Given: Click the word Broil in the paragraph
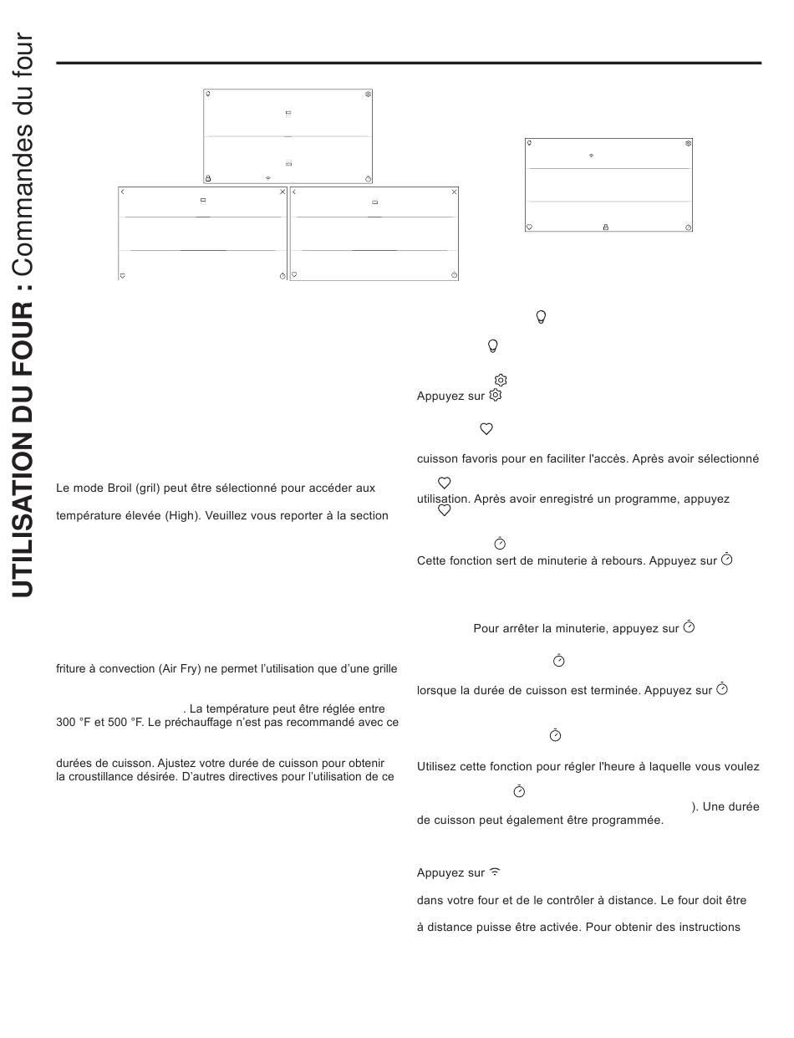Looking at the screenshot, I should tap(123, 488).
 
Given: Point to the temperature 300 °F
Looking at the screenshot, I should tap(73, 722).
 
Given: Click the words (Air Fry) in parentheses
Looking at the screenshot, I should tap(180, 669).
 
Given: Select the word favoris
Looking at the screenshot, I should tap(481, 459).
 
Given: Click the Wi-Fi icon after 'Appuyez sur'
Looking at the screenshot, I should tap(495, 872).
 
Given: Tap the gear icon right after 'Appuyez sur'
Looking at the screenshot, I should tap(496, 395).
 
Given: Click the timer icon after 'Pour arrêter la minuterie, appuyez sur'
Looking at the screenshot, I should tap(689, 626).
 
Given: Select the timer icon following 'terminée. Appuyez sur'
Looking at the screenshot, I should tap(722, 690).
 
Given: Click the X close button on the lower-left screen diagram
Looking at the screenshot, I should tap(282, 192).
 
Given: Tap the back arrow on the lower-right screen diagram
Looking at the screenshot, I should tap(294, 192).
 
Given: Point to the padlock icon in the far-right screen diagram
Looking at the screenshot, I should tap(606, 227).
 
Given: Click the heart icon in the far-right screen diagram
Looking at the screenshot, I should tap(529, 227).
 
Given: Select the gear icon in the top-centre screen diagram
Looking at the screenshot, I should tap(368, 95).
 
